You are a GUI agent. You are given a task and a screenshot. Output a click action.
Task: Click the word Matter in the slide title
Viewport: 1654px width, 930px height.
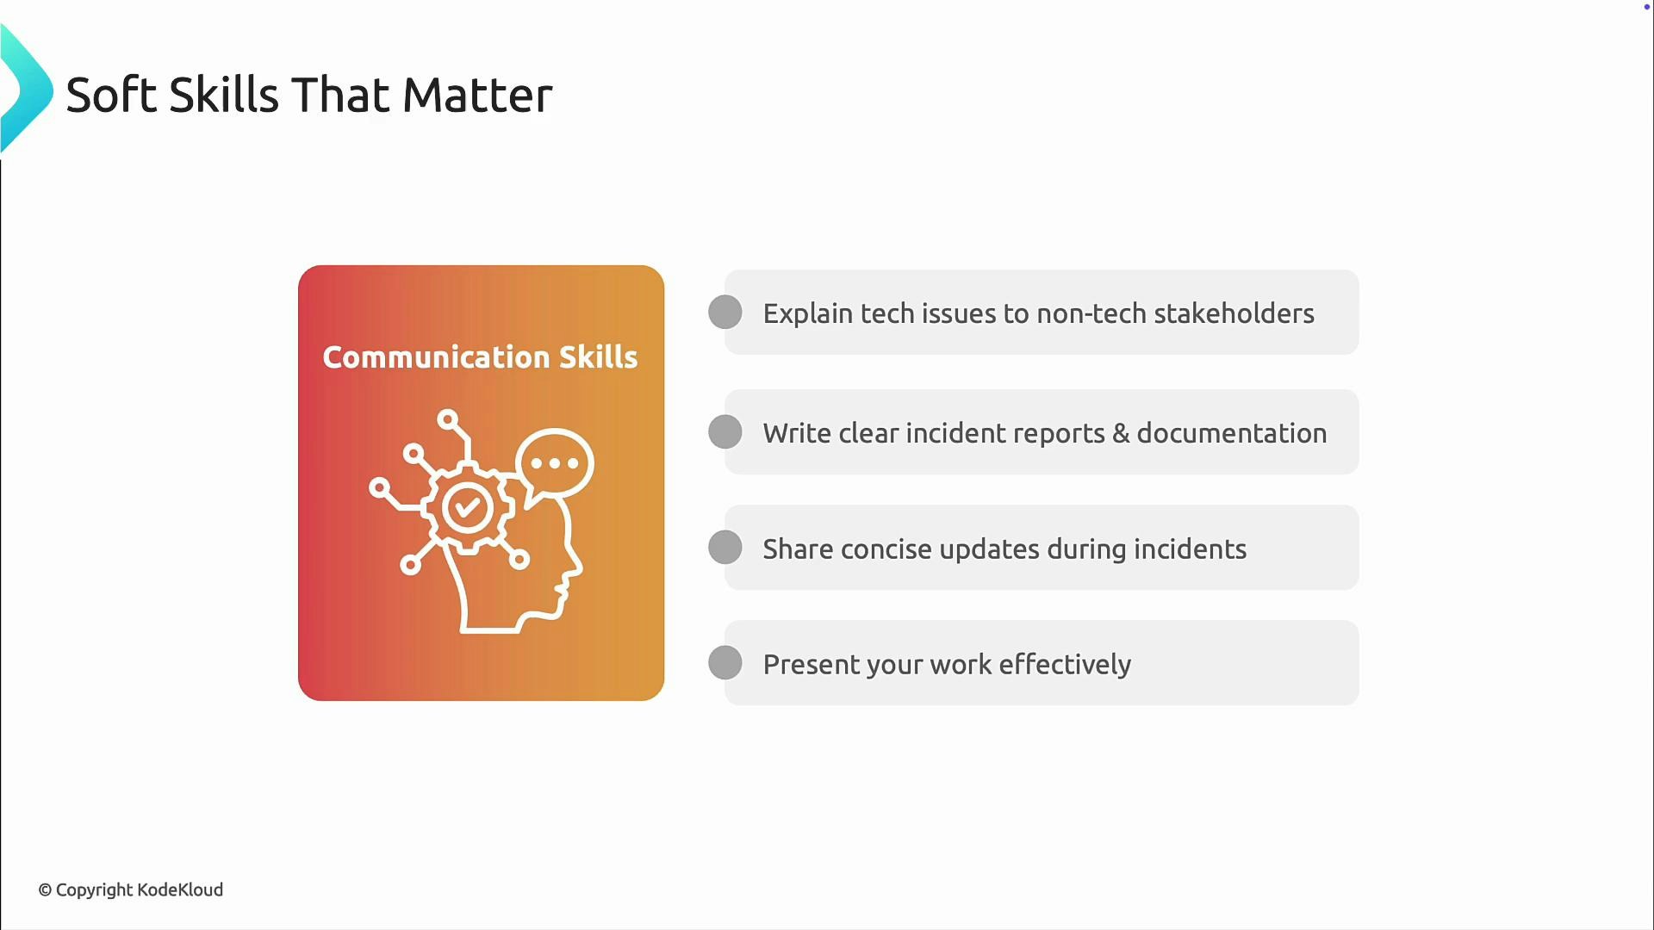[476, 95]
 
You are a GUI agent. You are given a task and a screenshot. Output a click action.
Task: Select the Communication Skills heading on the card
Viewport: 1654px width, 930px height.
[480, 357]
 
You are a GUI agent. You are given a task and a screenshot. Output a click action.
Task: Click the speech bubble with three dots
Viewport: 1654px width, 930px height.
[556, 463]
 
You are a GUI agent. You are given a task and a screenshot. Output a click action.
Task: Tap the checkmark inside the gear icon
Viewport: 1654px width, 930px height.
[468, 506]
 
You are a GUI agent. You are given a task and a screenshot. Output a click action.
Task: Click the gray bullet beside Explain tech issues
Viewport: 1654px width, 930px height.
[725, 312]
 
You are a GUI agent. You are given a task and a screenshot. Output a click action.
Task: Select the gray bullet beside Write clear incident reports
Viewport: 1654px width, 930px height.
[725, 431]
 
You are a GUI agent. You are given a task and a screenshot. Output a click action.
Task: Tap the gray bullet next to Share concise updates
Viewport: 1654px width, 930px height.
[725, 547]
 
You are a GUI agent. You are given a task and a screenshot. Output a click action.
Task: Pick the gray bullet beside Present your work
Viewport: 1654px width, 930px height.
[725, 662]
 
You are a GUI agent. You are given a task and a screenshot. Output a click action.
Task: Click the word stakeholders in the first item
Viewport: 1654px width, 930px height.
[1234, 313]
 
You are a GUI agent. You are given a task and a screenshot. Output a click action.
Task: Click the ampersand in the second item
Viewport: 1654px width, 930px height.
[1120, 433]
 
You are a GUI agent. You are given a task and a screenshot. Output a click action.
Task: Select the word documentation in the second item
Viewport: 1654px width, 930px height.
[1231, 433]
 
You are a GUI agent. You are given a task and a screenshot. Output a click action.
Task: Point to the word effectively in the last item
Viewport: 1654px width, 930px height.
[1065, 664]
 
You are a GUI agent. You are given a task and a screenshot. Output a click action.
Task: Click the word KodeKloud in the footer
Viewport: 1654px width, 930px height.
[180, 890]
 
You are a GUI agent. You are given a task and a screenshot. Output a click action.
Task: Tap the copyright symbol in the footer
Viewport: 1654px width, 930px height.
[45, 890]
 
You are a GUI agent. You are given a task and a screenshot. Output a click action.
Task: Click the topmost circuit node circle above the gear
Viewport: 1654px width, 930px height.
[447, 419]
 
